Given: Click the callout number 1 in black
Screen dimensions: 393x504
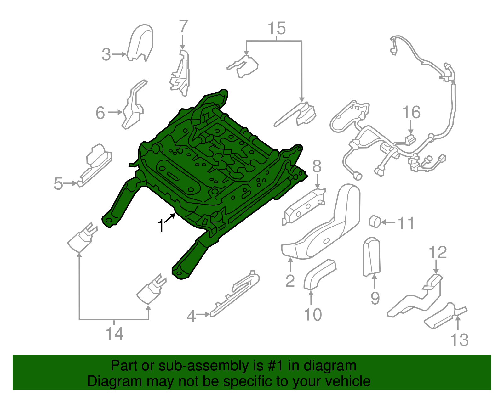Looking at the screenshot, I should click(x=161, y=226).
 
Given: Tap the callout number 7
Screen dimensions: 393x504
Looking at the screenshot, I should click(x=183, y=26).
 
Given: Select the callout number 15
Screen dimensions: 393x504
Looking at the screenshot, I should click(x=277, y=28).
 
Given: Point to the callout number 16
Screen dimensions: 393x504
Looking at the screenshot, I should click(x=411, y=112).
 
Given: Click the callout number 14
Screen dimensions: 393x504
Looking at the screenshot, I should click(x=114, y=334).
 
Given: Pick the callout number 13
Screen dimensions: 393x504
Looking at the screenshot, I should click(x=460, y=340).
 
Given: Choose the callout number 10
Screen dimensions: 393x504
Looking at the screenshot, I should click(x=312, y=314).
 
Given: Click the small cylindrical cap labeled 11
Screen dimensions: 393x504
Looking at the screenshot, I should click(x=375, y=221).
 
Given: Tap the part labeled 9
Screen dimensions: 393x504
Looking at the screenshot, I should click(x=372, y=256).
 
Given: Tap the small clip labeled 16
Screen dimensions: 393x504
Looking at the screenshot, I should click(x=409, y=139).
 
